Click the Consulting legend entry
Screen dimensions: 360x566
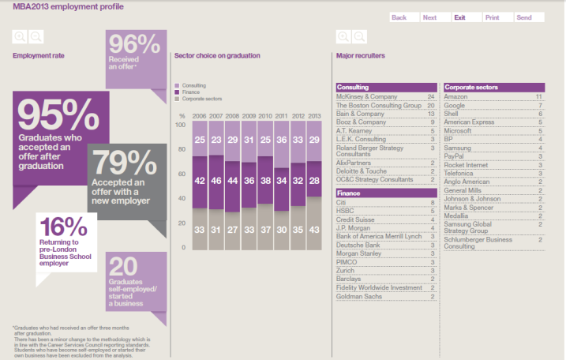tap(193, 84)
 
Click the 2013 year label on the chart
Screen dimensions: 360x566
tap(314, 115)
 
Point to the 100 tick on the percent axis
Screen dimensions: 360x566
tap(180, 125)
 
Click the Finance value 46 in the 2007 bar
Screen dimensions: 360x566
tap(216, 181)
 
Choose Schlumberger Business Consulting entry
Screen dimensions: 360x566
tap(477, 242)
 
